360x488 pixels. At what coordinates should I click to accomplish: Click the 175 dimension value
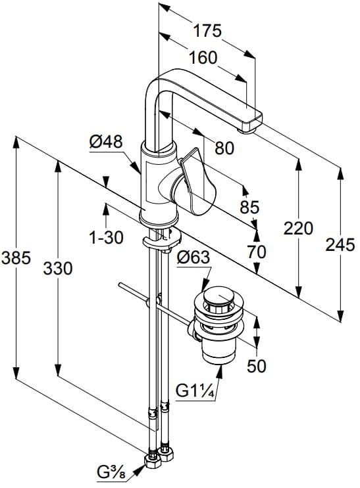[207, 31]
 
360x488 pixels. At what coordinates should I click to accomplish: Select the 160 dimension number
[203, 58]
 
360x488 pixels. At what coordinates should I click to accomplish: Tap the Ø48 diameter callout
[106, 143]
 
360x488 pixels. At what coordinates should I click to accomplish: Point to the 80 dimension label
[224, 148]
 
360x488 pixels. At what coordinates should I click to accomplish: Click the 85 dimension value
[250, 207]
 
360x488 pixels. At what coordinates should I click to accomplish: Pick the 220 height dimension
[298, 229]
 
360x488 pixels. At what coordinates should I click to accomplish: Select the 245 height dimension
[340, 244]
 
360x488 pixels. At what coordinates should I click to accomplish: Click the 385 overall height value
[16, 258]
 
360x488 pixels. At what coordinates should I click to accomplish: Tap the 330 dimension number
[58, 269]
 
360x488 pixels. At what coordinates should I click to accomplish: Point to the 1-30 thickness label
[106, 238]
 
